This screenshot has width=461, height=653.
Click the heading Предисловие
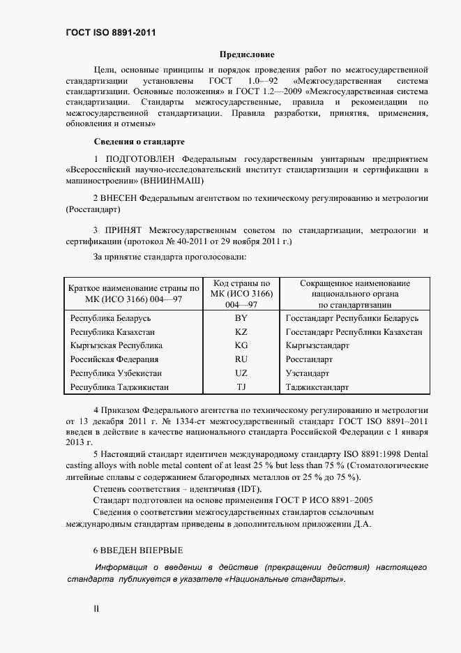click(247, 54)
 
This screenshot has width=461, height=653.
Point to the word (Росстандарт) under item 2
click(92, 209)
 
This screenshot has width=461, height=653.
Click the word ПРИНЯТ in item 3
click(123, 230)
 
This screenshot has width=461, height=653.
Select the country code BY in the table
click(241, 318)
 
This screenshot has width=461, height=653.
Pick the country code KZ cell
click(241, 332)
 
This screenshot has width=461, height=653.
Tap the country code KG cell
click(241, 345)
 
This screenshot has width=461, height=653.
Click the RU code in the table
click(241, 359)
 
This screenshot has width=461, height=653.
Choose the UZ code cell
click(241, 373)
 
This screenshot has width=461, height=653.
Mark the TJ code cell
click(241, 386)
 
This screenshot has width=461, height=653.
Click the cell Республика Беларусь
click(105, 318)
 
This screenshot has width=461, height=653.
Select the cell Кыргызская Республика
click(116, 345)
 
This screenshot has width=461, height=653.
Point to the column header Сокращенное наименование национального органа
click(354, 294)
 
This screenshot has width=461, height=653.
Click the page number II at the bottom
click(96, 608)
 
